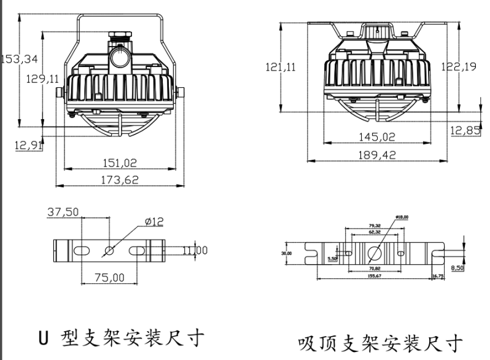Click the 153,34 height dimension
click(x=20, y=59)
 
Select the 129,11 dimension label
click(x=44, y=79)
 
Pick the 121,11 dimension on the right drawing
click(x=280, y=67)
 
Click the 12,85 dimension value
click(x=465, y=130)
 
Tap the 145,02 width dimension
click(x=377, y=136)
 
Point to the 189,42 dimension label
click(x=377, y=155)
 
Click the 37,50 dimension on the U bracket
click(x=63, y=212)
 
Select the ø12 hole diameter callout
click(x=154, y=222)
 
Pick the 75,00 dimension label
click(x=109, y=278)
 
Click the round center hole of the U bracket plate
click(x=109, y=250)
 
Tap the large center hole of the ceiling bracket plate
click(x=374, y=252)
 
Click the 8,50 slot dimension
click(x=458, y=268)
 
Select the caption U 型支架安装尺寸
click(x=118, y=338)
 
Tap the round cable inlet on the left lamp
click(x=119, y=59)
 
